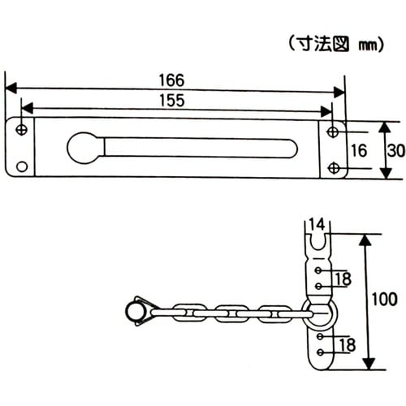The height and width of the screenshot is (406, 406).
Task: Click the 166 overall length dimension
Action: click(x=172, y=80)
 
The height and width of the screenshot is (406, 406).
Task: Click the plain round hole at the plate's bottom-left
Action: click(x=22, y=166)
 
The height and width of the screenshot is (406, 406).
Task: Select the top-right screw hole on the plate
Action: click(x=333, y=131)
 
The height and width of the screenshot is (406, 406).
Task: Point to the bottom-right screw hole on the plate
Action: click(x=333, y=167)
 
